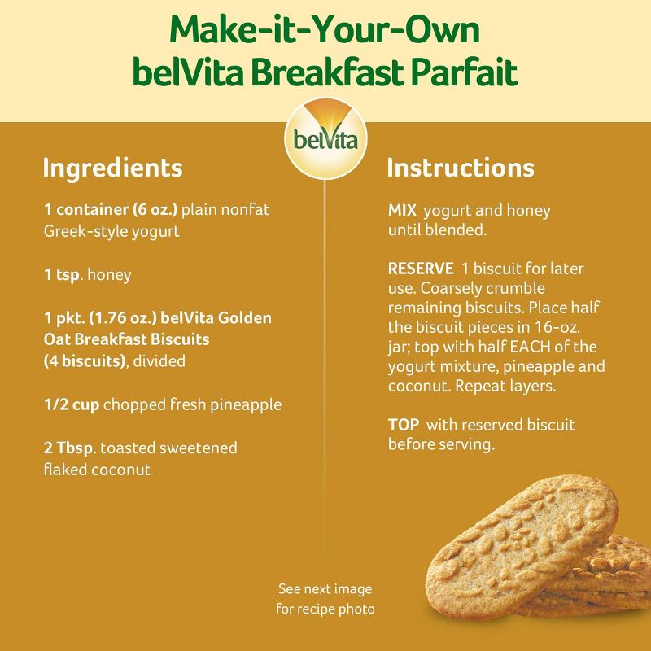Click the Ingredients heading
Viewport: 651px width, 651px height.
pyautogui.click(x=112, y=168)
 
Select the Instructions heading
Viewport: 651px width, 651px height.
pyautogui.click(x=460, y=168)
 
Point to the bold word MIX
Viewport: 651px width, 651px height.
pyautogui.click(x=402, y=211)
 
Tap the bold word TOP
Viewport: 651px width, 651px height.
pyautogui.click(x=403, y=425)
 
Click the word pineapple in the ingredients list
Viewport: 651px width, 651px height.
pyautogui.click(x=243, y=405)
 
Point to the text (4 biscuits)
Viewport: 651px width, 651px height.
pyautogui.click(x=84, y=360)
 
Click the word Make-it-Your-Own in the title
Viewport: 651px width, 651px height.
pyautogui.click(x=325, y=30)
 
